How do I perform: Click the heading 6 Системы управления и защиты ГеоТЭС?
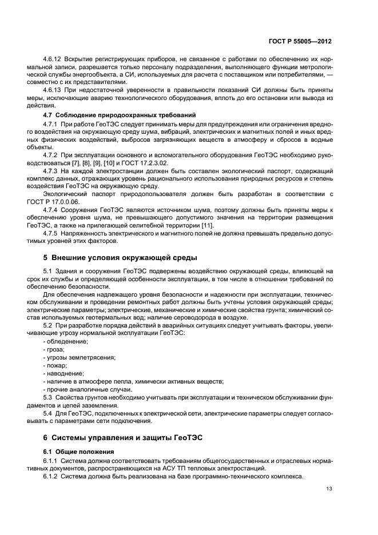pos(122,438)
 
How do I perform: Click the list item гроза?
pos(55,349)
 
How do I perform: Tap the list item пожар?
pos(56,365)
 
